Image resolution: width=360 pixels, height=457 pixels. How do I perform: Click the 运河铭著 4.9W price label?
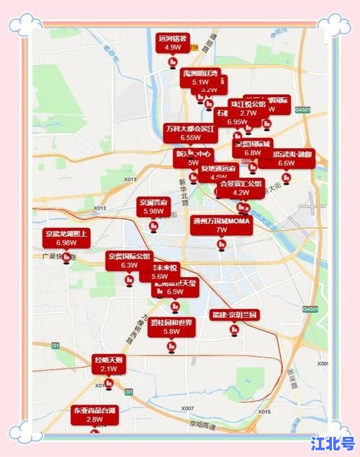173,42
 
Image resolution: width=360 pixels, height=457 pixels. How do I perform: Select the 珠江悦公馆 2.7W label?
248,108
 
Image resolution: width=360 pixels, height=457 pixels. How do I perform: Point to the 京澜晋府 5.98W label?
154,207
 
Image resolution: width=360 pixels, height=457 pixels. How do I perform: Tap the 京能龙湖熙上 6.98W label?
66,238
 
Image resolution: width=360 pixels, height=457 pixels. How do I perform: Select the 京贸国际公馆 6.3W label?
129,261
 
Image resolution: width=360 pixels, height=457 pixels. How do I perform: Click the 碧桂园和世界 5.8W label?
171,327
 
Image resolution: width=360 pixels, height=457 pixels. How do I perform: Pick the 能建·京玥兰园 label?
234,315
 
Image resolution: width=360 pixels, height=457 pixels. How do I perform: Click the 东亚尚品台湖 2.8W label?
94,415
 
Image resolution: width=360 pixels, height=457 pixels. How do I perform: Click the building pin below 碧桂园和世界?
171,348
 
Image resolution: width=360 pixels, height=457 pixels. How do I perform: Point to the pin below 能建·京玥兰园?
234,330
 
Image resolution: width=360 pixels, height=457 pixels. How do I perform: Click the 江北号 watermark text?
333,442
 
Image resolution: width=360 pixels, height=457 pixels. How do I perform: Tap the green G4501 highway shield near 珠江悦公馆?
304,109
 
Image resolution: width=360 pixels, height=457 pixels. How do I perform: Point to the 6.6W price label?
287,163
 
